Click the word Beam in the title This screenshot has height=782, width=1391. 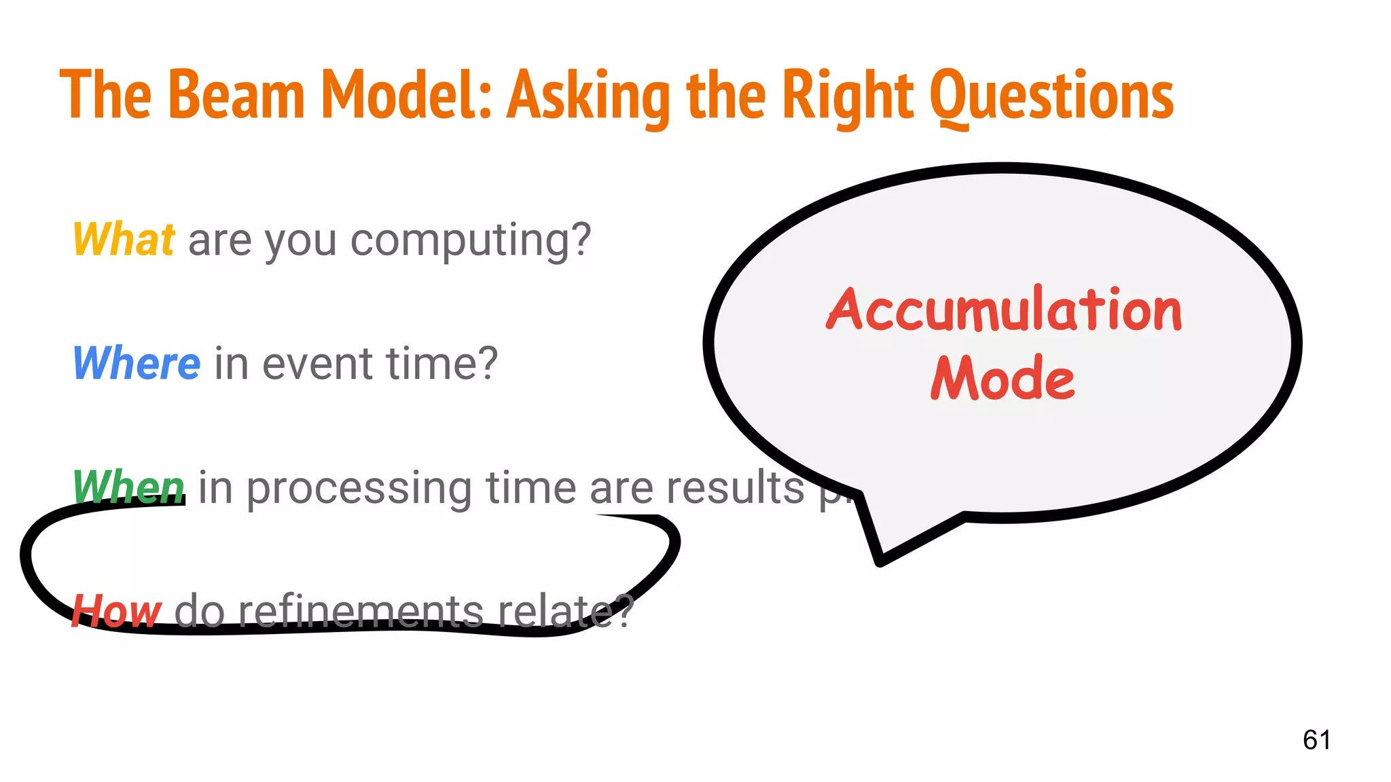coord(236,95)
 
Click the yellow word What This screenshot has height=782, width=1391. coord(124,240)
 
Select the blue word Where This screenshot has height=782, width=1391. coord(137,363)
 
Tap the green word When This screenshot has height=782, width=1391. coord(128,487)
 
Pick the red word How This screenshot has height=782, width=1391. coord(116,610)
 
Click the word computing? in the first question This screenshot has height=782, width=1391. coord(471,241)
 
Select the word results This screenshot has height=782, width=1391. coord(735,487)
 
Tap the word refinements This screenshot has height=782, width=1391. coord(360,610)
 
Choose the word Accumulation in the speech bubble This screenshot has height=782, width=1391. coord(1004,310)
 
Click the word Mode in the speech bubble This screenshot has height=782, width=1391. coord(1002,378)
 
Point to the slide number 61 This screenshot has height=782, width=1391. coord(1316,739)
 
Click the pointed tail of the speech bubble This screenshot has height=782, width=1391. coord(880,558)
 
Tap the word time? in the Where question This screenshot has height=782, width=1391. coord(442,363)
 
